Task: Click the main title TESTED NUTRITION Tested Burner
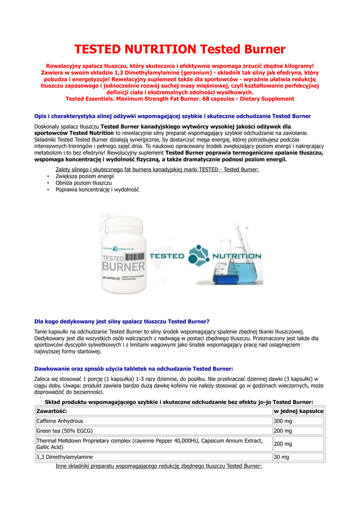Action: pos(180,49)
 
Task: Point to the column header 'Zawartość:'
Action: pos(52,411)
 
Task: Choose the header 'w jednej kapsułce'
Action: pos(298,411)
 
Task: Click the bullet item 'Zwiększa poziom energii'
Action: pos(85,176)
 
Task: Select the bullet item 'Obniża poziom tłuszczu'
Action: pos(84,183)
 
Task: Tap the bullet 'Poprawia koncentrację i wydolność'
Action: pos(97,189)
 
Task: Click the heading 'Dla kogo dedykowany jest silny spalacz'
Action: pos(122,321)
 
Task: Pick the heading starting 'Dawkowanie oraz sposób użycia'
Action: pos(133,368)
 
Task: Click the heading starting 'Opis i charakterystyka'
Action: pos(173,116)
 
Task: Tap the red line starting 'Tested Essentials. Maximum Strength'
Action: pos(180,98)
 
